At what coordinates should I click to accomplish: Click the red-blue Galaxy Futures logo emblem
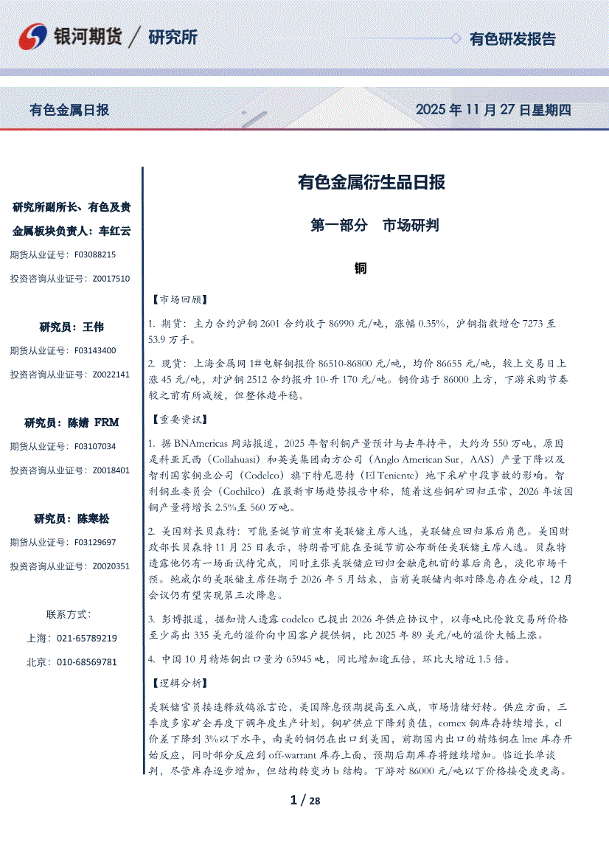33,37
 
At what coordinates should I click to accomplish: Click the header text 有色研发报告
512,39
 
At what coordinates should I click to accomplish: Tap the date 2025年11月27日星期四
493,110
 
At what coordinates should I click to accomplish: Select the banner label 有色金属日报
69,110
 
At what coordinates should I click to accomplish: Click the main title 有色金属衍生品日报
371,181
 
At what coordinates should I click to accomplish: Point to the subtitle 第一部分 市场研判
375,226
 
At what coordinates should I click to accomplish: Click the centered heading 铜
361,268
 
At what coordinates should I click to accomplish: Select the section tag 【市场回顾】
178,300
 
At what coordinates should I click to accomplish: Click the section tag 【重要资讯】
178,420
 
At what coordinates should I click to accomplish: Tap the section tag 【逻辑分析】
178,684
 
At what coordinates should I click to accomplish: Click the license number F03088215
95,254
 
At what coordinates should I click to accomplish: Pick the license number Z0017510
111,279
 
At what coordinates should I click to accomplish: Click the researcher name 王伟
94,327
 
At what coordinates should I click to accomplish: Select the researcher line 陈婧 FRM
72,423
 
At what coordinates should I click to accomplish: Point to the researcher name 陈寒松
93,518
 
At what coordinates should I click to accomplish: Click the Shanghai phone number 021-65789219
87,638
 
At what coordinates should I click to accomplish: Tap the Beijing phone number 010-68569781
87,662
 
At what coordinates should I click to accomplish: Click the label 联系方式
69,614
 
